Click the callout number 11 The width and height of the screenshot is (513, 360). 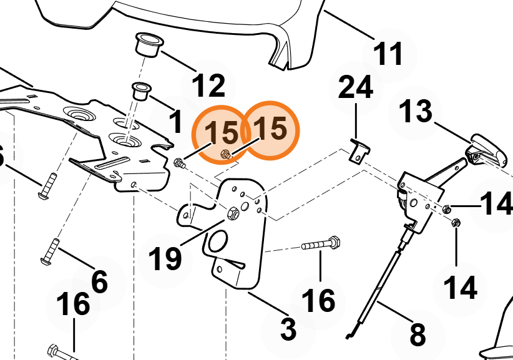(388, 54)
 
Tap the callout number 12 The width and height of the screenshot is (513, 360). (208, 85)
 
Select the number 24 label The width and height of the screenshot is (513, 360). (355, 87)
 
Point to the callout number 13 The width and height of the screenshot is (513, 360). (416, 112)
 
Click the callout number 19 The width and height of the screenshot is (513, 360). (165, 259)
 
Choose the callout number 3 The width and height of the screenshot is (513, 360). (288, 329)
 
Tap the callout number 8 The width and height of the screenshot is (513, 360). (418, 334)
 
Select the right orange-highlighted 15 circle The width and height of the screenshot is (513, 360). (270, 130)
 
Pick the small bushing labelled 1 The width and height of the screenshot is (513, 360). (140, 92)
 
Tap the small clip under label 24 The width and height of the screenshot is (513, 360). (359, 151)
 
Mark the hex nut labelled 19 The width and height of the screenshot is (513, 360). (233, 213)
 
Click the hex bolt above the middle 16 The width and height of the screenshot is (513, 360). (321, 243)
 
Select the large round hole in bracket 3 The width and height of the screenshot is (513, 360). (218, 241)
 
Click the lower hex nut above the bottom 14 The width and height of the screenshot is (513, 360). (456, 223)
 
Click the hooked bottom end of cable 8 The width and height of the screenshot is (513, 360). (349, 335)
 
